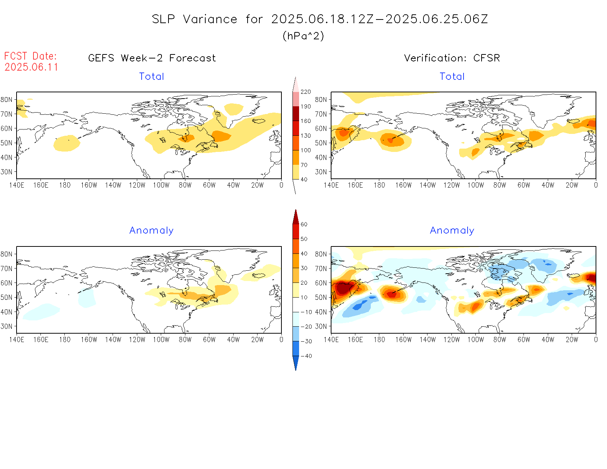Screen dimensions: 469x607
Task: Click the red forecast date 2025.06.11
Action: tap(31, 67)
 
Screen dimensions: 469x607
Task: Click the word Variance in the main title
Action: tap(210, 19)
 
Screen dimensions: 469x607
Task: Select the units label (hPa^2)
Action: tap(303, 36)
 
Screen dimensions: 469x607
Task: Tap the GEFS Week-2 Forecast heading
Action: tap(152, 58)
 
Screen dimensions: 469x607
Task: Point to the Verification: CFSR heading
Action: tap(452, 58)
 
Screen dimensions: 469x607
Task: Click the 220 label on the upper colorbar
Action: tap(306, 92)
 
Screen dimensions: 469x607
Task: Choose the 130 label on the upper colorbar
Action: tap(306, 136)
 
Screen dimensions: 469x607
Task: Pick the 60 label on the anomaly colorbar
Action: tap(304, 224)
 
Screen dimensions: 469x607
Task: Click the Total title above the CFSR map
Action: tap(452, 77)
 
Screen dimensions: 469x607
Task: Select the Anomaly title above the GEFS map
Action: tap(151, 231)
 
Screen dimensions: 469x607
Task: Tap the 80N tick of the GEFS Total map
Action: tap(7, 100)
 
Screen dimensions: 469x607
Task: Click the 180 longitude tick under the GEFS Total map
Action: tap(65, 185)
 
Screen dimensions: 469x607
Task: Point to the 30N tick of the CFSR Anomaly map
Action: tap(321, 326)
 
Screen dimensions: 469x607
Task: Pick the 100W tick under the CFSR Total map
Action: tap(475, 185)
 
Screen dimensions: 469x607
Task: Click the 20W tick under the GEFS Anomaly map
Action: tap(257, 340)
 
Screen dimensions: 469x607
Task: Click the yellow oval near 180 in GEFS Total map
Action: tap(67, 143)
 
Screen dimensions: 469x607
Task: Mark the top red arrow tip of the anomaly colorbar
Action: tap(295, 211)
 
